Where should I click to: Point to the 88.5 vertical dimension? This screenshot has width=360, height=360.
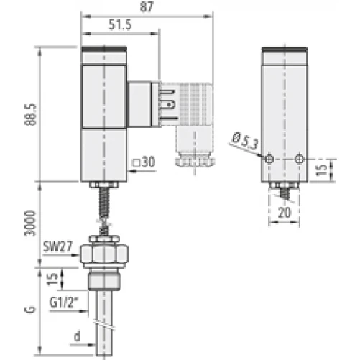tap(29, 113)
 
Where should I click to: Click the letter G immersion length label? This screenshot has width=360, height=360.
tap(29, 310)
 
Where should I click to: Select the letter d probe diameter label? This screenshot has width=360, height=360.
tap(77, 336)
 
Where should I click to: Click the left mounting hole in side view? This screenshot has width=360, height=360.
tap(269, 159)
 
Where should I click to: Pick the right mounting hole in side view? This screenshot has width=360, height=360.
tap(299, 159)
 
